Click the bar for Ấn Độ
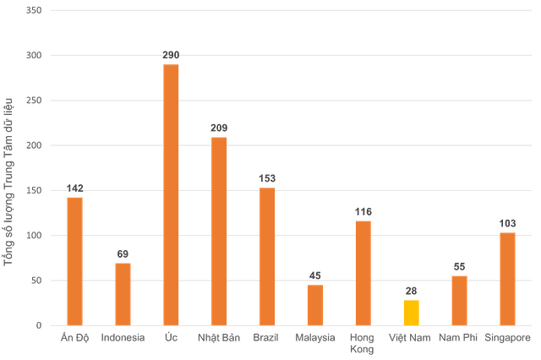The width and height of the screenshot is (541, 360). pos(74,260)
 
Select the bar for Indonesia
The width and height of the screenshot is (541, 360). pos(123,293)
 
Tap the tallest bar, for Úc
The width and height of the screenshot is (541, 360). pos(171,194)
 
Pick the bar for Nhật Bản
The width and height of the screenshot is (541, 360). pos(219,231)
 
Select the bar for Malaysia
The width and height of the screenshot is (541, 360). pos(315,304)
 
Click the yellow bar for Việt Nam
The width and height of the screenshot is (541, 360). pos(411,312)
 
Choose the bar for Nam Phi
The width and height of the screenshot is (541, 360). pos(459,299)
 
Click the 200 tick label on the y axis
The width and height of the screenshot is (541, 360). pos(33,145)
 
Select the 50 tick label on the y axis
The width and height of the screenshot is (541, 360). pos(36,280)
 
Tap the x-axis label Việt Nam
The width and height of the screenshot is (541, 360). pos(411,337)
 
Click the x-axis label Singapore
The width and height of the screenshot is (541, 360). pos(507,337)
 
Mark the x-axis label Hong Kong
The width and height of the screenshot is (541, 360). pos(363,342)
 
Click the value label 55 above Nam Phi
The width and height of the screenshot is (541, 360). pos(459,266)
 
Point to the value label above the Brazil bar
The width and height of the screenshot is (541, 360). pos(267,178)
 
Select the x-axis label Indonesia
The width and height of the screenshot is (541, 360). pos(123,337)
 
